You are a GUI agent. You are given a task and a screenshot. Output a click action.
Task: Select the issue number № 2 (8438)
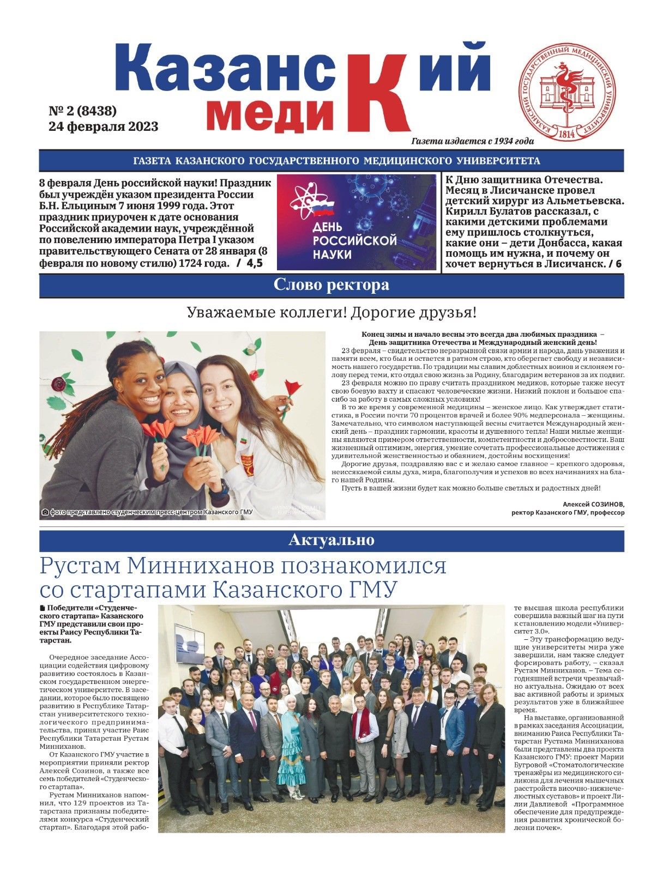(x=83, y=111)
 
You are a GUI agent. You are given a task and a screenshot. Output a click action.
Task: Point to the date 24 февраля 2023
(x=104, y=126)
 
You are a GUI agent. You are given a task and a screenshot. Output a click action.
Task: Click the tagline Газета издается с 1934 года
(x=473, y=141)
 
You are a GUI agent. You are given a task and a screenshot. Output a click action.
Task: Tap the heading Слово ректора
(x=331, y=285)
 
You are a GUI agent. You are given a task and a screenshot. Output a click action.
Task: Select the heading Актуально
(x=331, y=540)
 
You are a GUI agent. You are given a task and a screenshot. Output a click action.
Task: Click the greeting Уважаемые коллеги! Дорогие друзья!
(x=331, y=313)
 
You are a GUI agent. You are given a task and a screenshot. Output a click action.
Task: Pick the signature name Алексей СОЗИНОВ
(x=593, y=504)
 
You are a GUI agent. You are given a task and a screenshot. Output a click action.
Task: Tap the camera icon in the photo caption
(x=45, y=512)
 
